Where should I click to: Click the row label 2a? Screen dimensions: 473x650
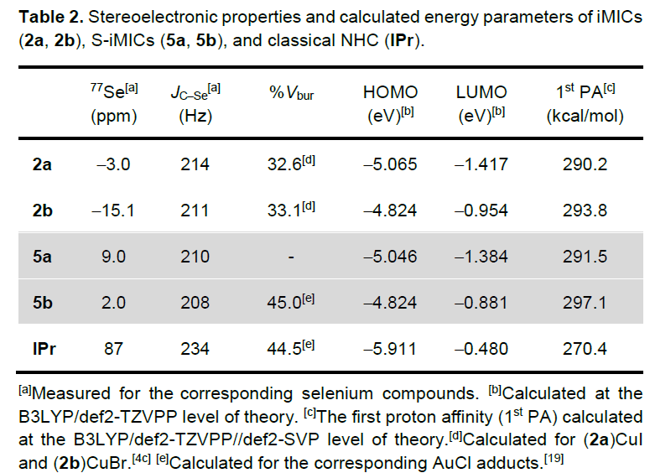pyautogui.click(x=41, y=164)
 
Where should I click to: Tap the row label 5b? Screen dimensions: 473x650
pyautogui.click(x=42, y=303)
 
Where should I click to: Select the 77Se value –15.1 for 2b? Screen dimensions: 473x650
pyautogui.click(x=113, y=211)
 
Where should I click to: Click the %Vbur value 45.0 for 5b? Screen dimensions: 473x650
pyautogui.click(x=288, y=303)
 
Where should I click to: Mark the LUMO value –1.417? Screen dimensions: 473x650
pyautogui.click(x=481, y=164)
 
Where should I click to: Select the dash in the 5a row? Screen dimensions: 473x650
pyautogui.click(x=290, y=257)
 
